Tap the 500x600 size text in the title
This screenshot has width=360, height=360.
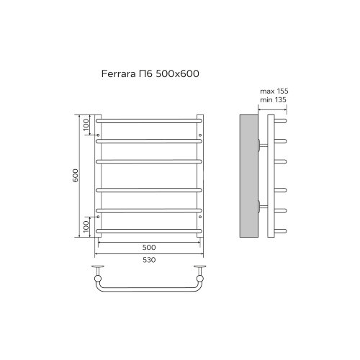click(x=179, y=73)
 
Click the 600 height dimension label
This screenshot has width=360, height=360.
click(x=75, y=175)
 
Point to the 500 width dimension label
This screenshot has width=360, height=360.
click(x=149, y=246)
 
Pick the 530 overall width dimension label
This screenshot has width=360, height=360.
click(x=149, y=259)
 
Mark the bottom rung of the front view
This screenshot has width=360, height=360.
click(x=149, y=230)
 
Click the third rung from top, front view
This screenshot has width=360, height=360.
click(x=149, y=160)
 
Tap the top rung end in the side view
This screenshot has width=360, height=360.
click(x=283, y=121)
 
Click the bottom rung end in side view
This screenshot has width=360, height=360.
click(x=283, y=230)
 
